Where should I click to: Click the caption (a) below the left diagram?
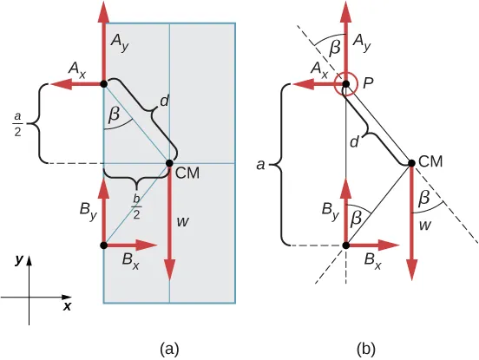coord(169,349)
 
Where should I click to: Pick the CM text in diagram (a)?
coord(188,173)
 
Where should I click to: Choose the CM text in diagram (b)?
coord(431,160)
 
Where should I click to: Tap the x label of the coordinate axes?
coord(67,306)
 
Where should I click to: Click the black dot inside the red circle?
coord(346,84)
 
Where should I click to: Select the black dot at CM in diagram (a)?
coord(169,162)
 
